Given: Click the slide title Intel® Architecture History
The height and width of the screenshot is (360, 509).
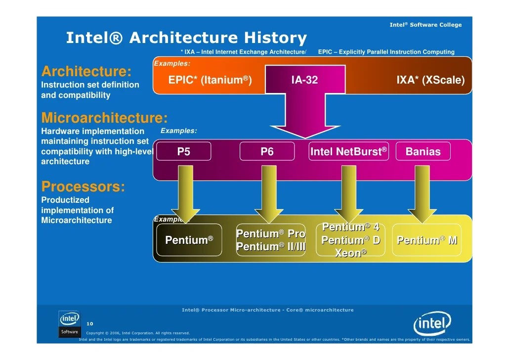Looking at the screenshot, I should tap(186, 38).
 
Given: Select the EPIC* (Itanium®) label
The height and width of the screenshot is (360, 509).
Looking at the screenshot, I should tap(210, 80).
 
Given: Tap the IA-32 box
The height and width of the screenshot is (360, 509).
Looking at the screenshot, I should tap(304, 80).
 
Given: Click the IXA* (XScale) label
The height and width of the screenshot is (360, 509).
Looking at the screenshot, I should tap(430, 80).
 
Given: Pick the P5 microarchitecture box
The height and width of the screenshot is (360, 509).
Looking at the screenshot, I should tap(183, 152).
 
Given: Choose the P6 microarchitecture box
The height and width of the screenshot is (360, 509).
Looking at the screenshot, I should tap(267, 152).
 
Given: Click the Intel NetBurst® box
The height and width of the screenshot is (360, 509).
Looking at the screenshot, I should tap(348, 152).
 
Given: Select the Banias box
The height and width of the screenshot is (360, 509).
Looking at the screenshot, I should tap(423, 152).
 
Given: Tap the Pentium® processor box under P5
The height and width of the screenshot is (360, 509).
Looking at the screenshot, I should tap(189, 240).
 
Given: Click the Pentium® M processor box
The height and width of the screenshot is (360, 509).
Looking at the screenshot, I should tap(427, 240).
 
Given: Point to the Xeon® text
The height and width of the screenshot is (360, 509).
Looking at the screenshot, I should tap(351, 253).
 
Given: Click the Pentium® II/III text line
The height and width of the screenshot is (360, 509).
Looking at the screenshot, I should tap(271, 247).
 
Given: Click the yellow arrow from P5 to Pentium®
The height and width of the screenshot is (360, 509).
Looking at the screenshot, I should tap(186, 193).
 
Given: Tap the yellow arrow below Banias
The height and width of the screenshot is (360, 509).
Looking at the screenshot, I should tap(422, 193).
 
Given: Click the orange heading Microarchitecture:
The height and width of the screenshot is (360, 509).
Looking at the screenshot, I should tap(104, 118).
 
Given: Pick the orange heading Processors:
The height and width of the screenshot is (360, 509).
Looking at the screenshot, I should tap(83, 187).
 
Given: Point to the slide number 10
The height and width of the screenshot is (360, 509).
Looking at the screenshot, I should tap(90, 323).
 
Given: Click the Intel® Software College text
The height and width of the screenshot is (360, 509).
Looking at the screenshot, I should tap(425, 25).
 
